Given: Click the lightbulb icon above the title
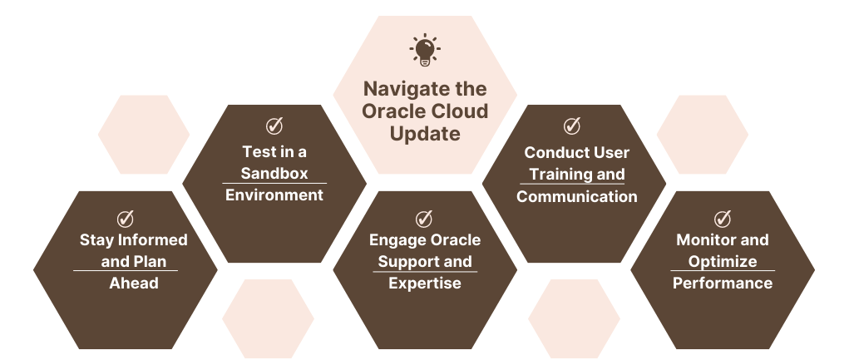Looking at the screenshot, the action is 425,49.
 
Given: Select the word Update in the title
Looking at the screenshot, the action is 425,133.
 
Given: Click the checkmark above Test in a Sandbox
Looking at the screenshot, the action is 274,126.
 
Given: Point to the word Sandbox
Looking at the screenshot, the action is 274,173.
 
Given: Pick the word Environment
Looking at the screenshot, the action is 274,195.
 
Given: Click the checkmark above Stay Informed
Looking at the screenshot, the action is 125,219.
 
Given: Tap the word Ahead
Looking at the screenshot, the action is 134,284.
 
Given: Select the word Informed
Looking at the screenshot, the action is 153,239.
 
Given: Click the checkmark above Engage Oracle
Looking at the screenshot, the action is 424,219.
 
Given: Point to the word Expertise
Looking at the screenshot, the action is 425,284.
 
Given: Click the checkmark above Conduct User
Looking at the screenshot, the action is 572,126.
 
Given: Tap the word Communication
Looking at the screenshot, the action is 576,196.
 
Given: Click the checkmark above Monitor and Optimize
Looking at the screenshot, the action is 723,219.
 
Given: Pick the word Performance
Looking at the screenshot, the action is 723,284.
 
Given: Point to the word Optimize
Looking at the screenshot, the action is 723,262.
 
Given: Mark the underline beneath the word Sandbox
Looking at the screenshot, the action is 274,184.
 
